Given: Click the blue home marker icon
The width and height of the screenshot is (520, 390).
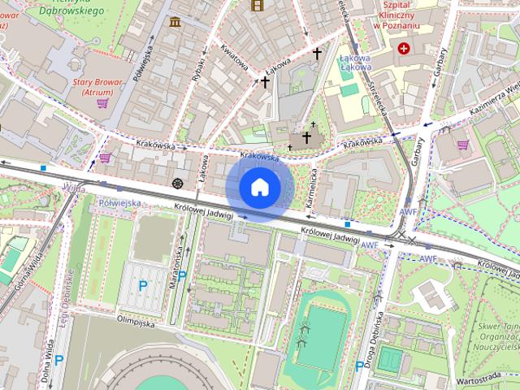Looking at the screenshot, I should pyautogui.click(x=259, y=187).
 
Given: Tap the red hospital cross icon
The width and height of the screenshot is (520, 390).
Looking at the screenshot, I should pyautogui.click(x=404, y=49).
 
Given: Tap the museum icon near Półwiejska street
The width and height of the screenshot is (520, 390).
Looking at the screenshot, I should pyautogui.click(x=175, y=21).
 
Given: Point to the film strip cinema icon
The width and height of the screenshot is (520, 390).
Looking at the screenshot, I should pyautogui.click(x=258, y=6).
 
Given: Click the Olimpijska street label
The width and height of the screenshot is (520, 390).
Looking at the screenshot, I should pyautogui.click(x=135, y=323).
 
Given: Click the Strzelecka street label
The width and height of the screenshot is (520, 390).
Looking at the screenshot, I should pyautogui.click(x=379, y=102).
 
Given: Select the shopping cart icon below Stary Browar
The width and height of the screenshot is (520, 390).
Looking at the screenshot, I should pyautogui.click(x=102, y=103).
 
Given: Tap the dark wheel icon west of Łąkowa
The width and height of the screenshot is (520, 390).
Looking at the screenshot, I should pyautogui.click(x=178, y=182).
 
